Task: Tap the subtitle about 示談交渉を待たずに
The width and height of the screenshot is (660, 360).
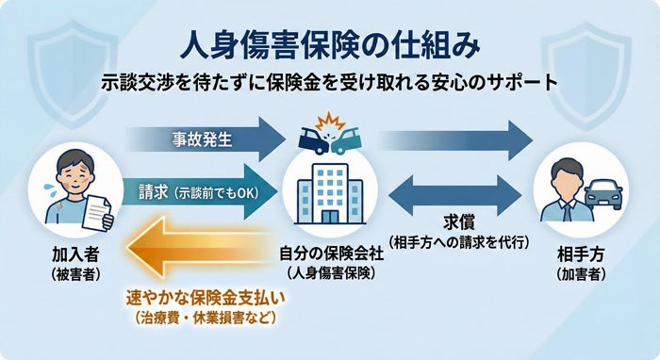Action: click(x=330, y=82)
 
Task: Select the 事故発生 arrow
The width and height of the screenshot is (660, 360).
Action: click(x=203, y=136)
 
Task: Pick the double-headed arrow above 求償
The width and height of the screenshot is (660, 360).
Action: click(x=453, y=192)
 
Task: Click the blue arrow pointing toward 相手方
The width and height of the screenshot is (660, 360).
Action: click(x=453, y=136)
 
